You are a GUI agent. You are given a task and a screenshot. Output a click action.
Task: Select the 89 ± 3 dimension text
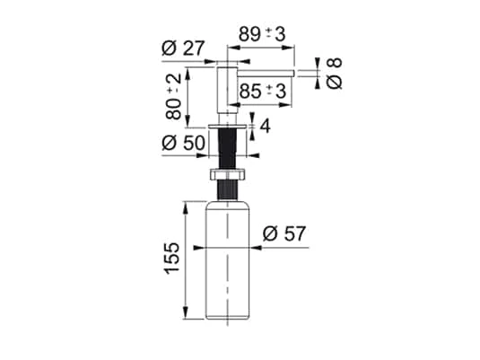click(261, 33)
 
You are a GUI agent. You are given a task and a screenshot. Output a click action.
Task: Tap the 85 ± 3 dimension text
click(263, 91)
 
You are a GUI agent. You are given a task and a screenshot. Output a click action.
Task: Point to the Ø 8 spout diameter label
click(335, 72)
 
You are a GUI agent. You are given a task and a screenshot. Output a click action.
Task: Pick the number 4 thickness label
click(265, 126)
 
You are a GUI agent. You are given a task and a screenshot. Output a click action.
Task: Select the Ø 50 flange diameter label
click(182, 142)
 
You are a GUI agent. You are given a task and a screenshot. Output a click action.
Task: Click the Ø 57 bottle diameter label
click(285, 233)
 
